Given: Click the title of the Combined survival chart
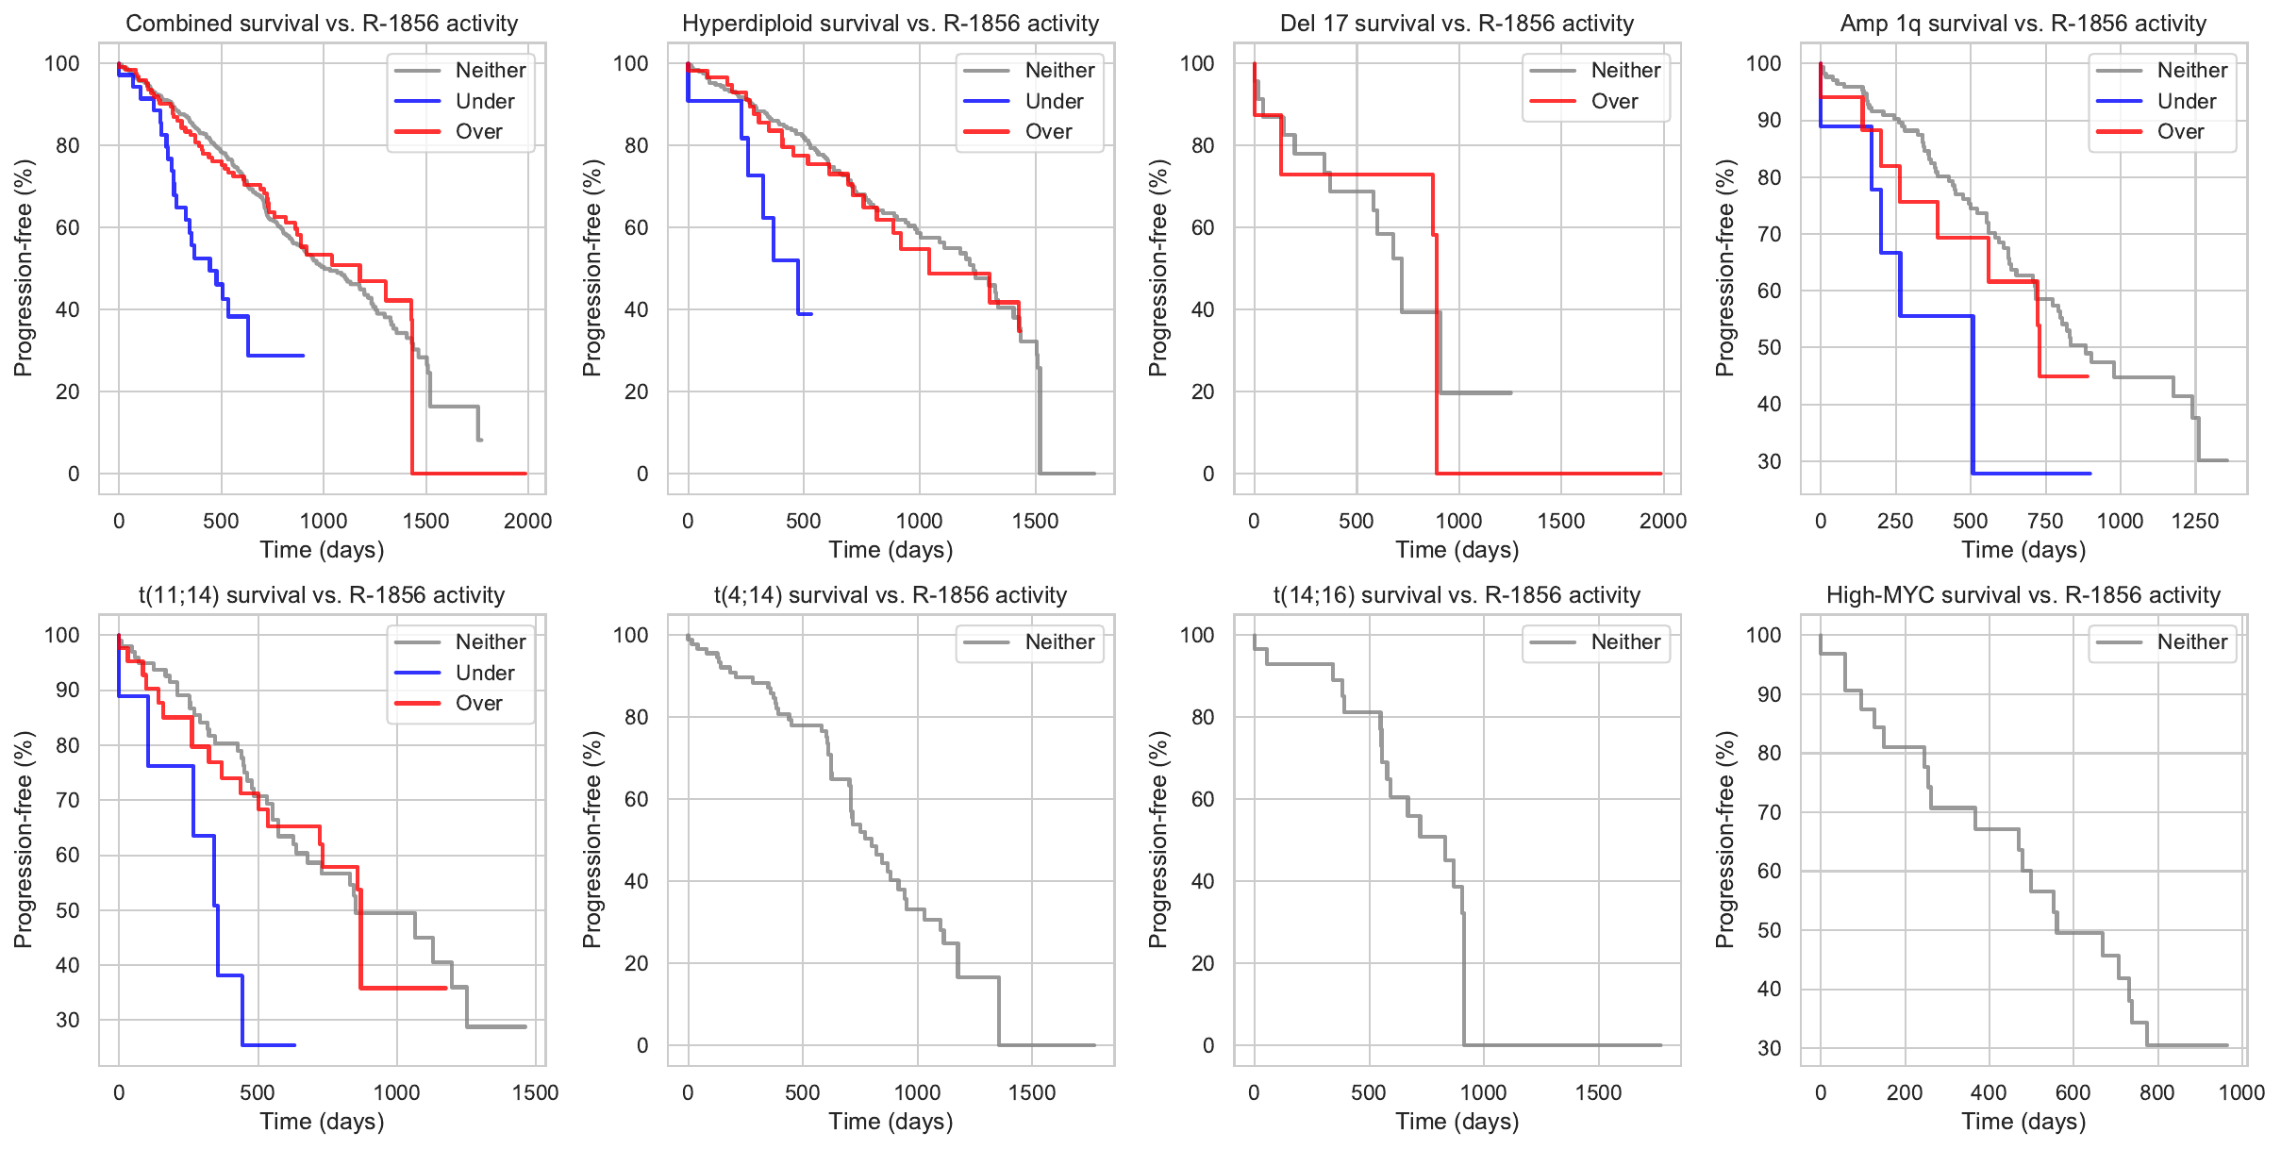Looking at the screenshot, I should tap(322, 24).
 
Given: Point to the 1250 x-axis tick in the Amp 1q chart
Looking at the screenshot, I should tap(2195, 521).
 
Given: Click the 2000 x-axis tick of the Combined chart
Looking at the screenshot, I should tap(527, 521).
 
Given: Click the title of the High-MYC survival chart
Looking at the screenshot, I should tap(2023, 595).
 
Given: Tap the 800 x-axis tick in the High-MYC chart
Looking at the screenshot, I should tap(2157, 1092).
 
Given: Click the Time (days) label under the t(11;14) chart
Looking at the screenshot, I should tap(322, 1122).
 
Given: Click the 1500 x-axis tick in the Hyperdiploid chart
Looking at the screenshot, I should tap(1036, 521).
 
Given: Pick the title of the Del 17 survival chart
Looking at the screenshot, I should tap(1457, 24).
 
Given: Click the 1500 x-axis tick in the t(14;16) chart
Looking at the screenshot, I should tap(1598, 1092).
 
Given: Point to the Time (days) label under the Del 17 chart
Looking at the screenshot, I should tap(1457, 550).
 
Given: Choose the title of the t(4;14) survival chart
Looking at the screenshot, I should tap(891, 595).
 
